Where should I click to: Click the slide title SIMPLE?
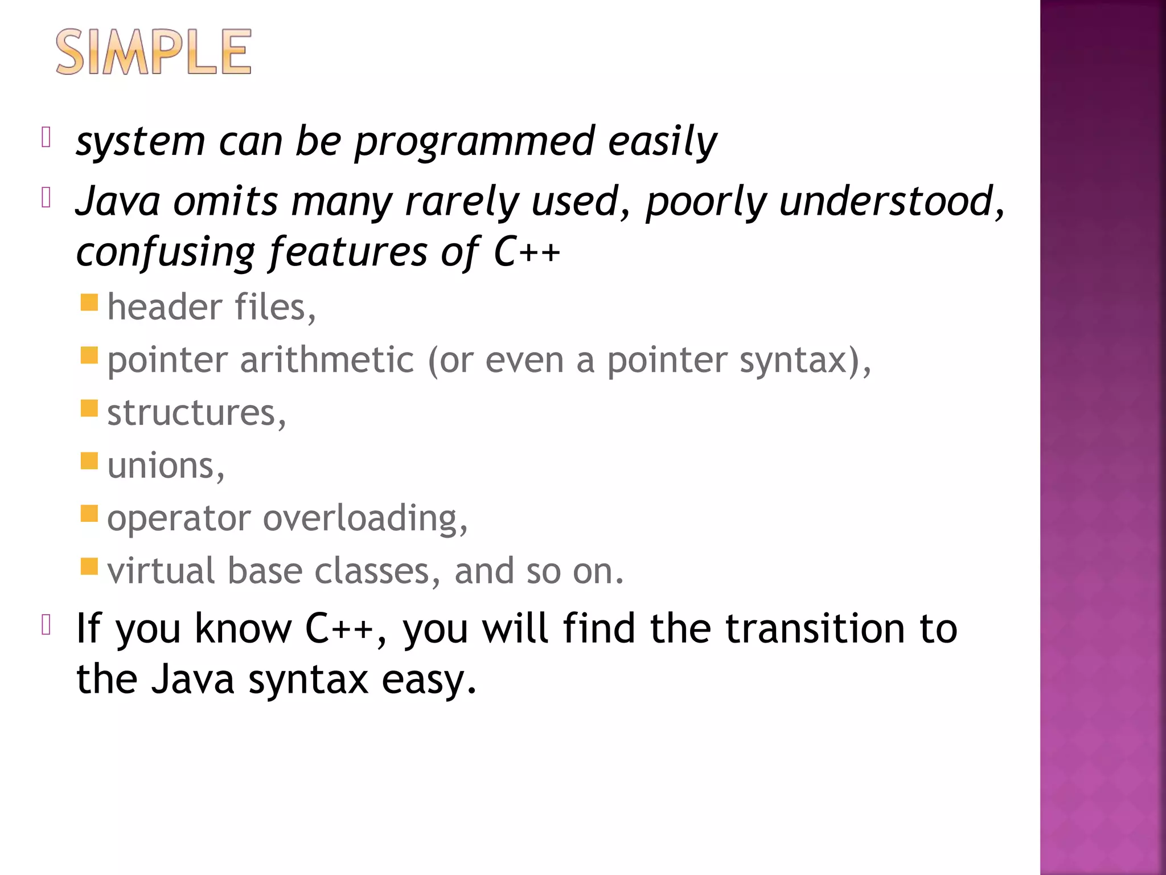click(x=154, y=52)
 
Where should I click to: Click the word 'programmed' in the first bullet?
click(x=474, y=141)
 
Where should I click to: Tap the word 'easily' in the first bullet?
click(x=662, y=141)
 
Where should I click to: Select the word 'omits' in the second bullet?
click(x=225, y=202)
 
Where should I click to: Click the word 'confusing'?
click(x=166, y=252)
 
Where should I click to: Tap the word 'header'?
click(x=164, y=308)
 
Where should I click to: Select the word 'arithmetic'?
click(x=327, y=361)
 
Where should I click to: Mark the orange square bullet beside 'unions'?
click(x=89, y=460)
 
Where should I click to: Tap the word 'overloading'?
click(x=364, y=518)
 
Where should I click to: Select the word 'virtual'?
click(x=161, y=571)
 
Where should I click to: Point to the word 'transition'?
click(x=815, y=629)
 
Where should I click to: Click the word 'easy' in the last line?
click(x=428, y=680)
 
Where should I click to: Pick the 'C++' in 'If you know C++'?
click(x=339, y=629)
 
